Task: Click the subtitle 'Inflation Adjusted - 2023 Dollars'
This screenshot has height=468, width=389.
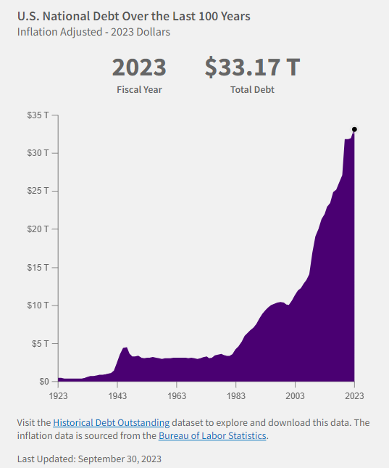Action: (x=94, y=32)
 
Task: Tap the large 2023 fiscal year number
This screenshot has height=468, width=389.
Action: (x=139, y=67)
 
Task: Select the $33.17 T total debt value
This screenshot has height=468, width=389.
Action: (x=252, y=67)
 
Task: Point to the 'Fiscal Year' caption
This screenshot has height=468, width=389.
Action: (x=139, y=90)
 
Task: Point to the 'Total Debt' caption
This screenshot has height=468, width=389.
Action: (x=252, y=90)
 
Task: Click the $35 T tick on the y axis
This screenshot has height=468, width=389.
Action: (x=39, y=115)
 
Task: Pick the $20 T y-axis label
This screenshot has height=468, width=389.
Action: (x=39, y=229)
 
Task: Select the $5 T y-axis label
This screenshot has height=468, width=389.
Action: (x=41, y=343)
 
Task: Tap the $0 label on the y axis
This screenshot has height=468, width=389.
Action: (x=43, y=382)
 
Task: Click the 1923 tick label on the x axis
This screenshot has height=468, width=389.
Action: (x=59, y=396)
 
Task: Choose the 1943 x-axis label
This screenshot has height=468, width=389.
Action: (x=118, y=396)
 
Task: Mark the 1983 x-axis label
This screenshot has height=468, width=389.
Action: (x=235, y=396)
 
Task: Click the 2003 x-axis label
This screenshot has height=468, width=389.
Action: (x=295, y=396)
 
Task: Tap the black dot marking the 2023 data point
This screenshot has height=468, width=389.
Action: (x=354, y=129)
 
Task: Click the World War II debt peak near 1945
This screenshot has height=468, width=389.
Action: (x=125, y=349)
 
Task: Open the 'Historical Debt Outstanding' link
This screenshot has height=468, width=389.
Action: (x=111, y=422)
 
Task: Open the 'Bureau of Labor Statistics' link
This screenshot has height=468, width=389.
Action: (x=212, y=435)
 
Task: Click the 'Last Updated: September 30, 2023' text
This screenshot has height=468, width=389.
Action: (x=89, y=459)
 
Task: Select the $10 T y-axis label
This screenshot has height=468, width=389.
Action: (x=39, y=305)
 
